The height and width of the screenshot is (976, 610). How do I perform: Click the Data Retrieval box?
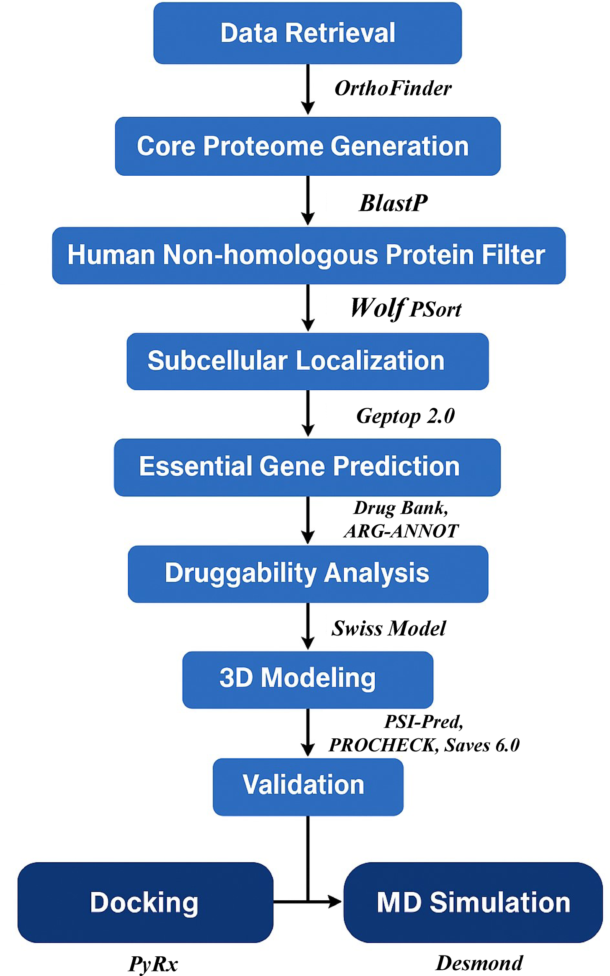click(x=307, y=33)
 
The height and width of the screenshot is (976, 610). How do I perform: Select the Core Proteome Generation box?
click(x=307, y=146)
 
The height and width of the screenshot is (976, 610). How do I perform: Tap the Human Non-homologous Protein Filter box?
click(x=309, y=255)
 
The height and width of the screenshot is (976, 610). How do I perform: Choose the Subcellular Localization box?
click(x=307, y=361)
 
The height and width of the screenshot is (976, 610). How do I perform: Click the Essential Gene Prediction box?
click(x=307, y=467)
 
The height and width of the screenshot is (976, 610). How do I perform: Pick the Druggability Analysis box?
click(x=308, y=574)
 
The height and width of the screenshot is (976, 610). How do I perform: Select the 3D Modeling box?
click(x=308, y=679)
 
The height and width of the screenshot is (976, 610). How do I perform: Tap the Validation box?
click(x=308, y=786)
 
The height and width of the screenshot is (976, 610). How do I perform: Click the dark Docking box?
click(x=145, y=902)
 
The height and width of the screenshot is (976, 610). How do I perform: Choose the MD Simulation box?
click(x=473, y=902)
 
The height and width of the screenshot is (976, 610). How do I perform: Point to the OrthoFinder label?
click(x=393, y=88)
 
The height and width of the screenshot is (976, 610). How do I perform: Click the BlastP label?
click(x=393, y=203)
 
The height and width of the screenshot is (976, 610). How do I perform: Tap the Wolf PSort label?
click(x=405, y=309)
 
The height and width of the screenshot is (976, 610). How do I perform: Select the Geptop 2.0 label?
click(x=405, y=416)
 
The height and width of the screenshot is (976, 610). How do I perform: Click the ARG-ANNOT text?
click(x=401, y=531)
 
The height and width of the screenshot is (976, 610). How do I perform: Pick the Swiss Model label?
click(x=389, y=628)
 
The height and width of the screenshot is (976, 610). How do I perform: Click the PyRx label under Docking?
click(x=153, y=964)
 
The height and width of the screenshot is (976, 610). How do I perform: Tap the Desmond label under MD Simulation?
click(x=479, y=963)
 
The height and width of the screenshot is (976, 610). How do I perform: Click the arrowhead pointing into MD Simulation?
click(x=335, y=902)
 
